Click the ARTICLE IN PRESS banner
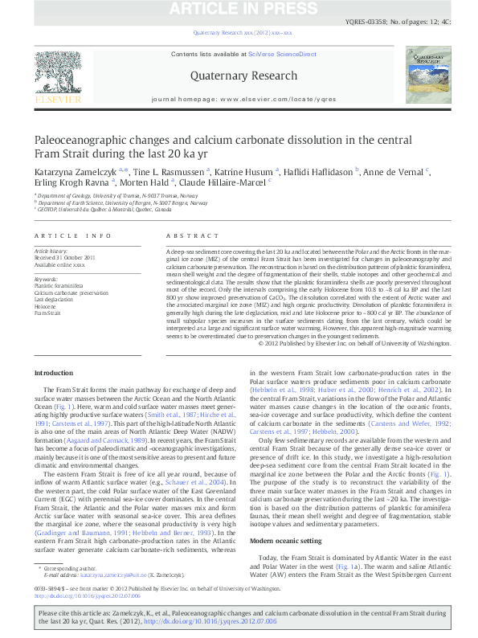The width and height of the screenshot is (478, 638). (239, 9)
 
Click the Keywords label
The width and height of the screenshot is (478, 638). (44, 279)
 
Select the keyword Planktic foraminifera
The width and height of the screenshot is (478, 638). (58, 285)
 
